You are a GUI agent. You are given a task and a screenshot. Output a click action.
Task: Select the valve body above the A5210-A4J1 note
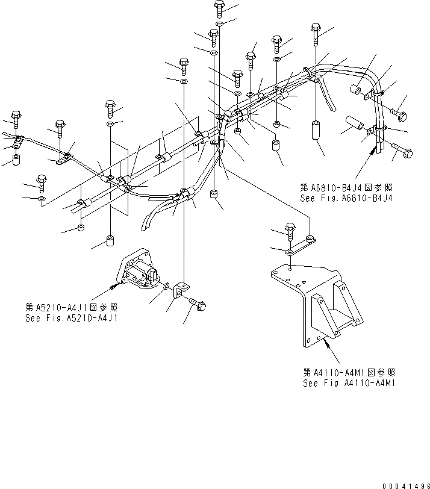pyautogui.click(x=141, y=269)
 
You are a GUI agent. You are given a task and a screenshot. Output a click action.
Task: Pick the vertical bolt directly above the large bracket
pyautogui.click(x=290, y=229)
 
